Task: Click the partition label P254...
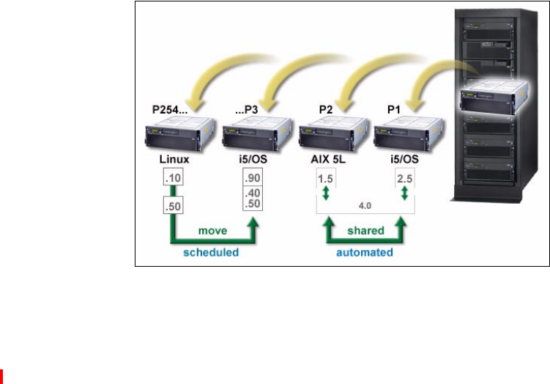coord(164,111)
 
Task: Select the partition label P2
coord(324,111)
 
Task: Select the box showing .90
coord(252,178)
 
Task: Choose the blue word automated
coord(365,251)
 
